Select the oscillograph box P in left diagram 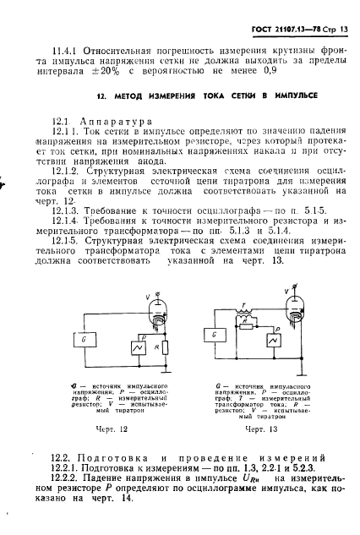pyautogui.click(x=128, y=349)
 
